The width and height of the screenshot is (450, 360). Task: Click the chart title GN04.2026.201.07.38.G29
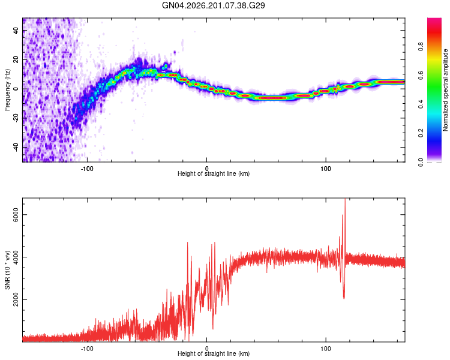(213, 5)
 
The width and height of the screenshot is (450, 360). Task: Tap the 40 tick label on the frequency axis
(16, 31)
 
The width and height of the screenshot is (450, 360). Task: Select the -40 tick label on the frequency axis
(16, 148)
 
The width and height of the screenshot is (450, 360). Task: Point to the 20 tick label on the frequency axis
(16, 60)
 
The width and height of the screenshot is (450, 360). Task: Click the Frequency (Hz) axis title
(7, 90)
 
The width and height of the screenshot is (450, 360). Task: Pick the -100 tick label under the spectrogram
(87, 169)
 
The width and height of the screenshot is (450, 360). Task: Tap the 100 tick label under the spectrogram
(326, 169)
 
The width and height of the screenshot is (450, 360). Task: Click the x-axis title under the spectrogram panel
(214, 173)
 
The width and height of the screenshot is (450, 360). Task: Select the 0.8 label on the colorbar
(421, 47)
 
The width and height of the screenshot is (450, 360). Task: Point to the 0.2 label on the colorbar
(421, 133)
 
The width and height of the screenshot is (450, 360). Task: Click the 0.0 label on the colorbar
(421, 162)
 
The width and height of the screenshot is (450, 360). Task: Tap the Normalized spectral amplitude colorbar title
(445, 90)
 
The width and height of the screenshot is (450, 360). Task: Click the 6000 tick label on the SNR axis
(16, 215)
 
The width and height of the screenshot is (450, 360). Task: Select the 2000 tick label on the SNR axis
(16, 300)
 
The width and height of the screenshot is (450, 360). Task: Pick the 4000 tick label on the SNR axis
(16, 257)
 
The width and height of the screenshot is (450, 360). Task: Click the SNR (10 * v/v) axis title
(7, 270)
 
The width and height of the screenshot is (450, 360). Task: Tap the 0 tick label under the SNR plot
(206, 349)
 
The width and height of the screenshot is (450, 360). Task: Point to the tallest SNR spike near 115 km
(345, 199)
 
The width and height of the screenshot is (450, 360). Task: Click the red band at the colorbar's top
(434, 22)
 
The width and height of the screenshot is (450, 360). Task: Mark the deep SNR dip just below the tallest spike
(344, 298)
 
